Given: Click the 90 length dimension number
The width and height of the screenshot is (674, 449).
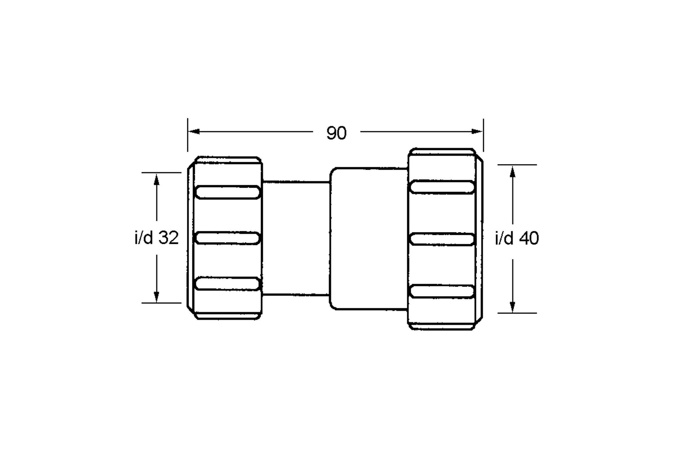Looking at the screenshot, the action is (336, 133).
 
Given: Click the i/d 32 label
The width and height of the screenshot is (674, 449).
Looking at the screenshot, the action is (156, 238).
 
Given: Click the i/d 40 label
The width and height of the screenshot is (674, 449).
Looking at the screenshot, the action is (517, 238).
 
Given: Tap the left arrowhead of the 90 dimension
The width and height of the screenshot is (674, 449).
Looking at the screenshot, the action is (194, 131).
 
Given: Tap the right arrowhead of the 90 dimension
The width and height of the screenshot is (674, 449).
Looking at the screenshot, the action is (477, 131).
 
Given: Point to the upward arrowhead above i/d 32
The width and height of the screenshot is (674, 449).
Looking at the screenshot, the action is (156, 179).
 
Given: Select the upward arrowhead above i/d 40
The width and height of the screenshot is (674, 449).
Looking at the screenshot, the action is (513, 171).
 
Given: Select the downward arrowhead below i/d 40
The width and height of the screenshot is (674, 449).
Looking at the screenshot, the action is (513, 307).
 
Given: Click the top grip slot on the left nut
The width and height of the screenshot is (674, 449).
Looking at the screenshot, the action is (227, 192).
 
